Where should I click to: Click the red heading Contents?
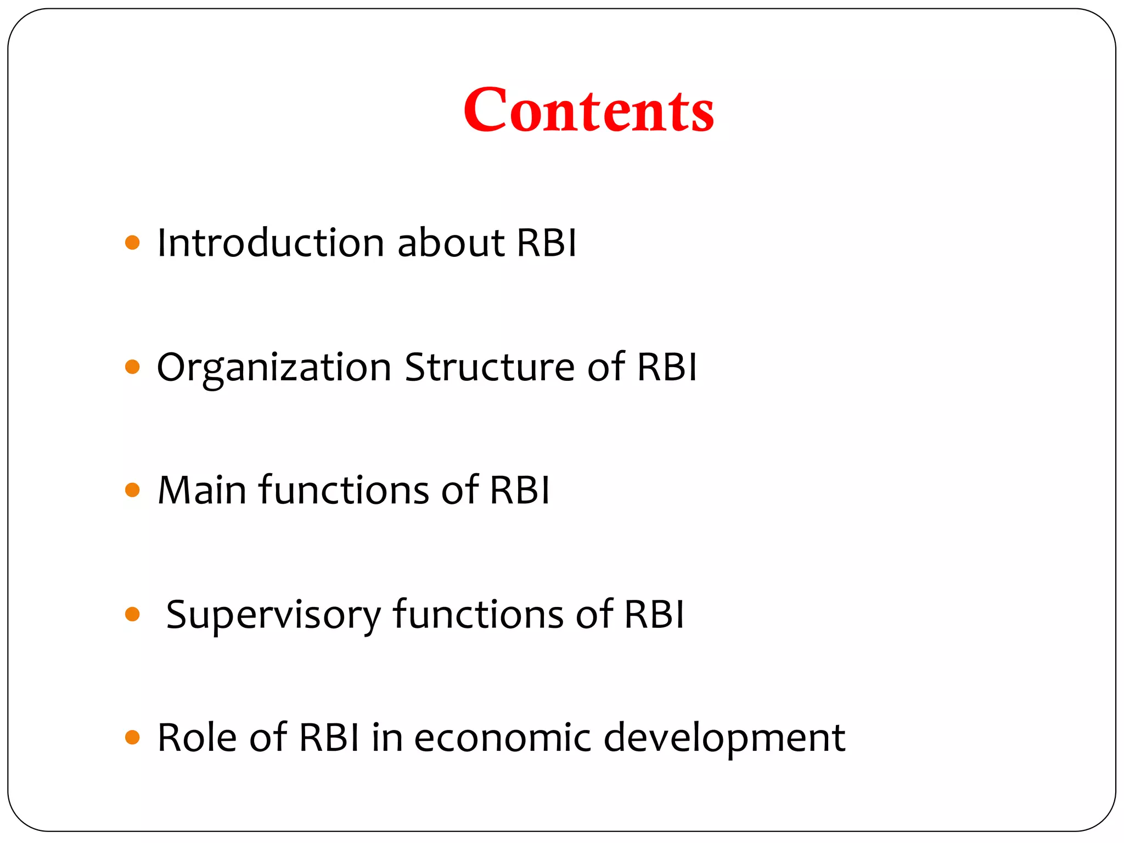588,110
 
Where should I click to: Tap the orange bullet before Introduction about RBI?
132,243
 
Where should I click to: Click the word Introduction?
271,243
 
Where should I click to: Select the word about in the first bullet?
451,243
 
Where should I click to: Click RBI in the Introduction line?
547,243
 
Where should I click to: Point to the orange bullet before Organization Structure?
132,367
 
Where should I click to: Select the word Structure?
490,367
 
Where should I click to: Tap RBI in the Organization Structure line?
667,367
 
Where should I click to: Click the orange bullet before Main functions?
132,490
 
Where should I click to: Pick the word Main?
201,490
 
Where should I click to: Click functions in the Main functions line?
344,490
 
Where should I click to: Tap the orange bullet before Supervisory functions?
132,614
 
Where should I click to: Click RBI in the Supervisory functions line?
654,614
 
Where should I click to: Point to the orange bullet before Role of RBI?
132,737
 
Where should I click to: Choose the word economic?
502,737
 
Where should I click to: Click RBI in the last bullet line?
329,737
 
